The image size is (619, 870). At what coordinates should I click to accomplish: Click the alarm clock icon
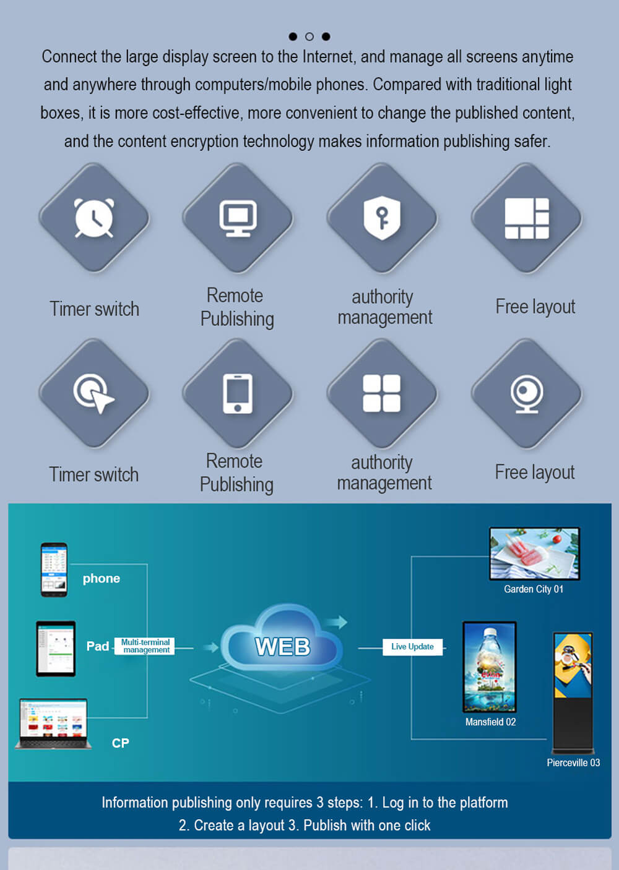(x=94, y=218)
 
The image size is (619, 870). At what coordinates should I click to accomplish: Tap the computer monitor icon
(x=238, y=218)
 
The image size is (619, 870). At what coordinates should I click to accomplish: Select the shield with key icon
(x=382, y=217)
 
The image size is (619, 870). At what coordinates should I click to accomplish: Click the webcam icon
(x=527, y=393)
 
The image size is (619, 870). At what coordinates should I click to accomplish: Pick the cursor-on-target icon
(x=93, y=394)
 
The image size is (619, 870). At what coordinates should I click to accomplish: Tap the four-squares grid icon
(x=381, y=393)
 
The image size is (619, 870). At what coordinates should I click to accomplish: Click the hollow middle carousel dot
(x=309, y=36)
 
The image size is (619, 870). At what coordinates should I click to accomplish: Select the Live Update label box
(x=412, y=647)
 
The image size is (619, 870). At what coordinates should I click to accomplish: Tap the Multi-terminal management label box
(x=145, y=646)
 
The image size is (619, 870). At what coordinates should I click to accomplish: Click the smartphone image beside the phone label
(x=54, y=569)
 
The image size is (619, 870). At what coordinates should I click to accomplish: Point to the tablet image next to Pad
(x=56, y=649)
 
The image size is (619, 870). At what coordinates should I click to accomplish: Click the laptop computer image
(x=53, y=723)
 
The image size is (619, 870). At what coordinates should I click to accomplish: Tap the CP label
(x=120, y=743)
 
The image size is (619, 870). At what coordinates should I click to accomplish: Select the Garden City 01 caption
(x=534, y=589)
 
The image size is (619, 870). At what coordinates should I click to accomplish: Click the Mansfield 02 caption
(x=490, y=722)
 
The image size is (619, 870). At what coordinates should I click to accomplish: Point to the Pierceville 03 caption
(x=573, y=763)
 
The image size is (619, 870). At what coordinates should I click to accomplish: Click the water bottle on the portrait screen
(x=489, y=662)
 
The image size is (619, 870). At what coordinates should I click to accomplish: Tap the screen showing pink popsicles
(x=534, y=553)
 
